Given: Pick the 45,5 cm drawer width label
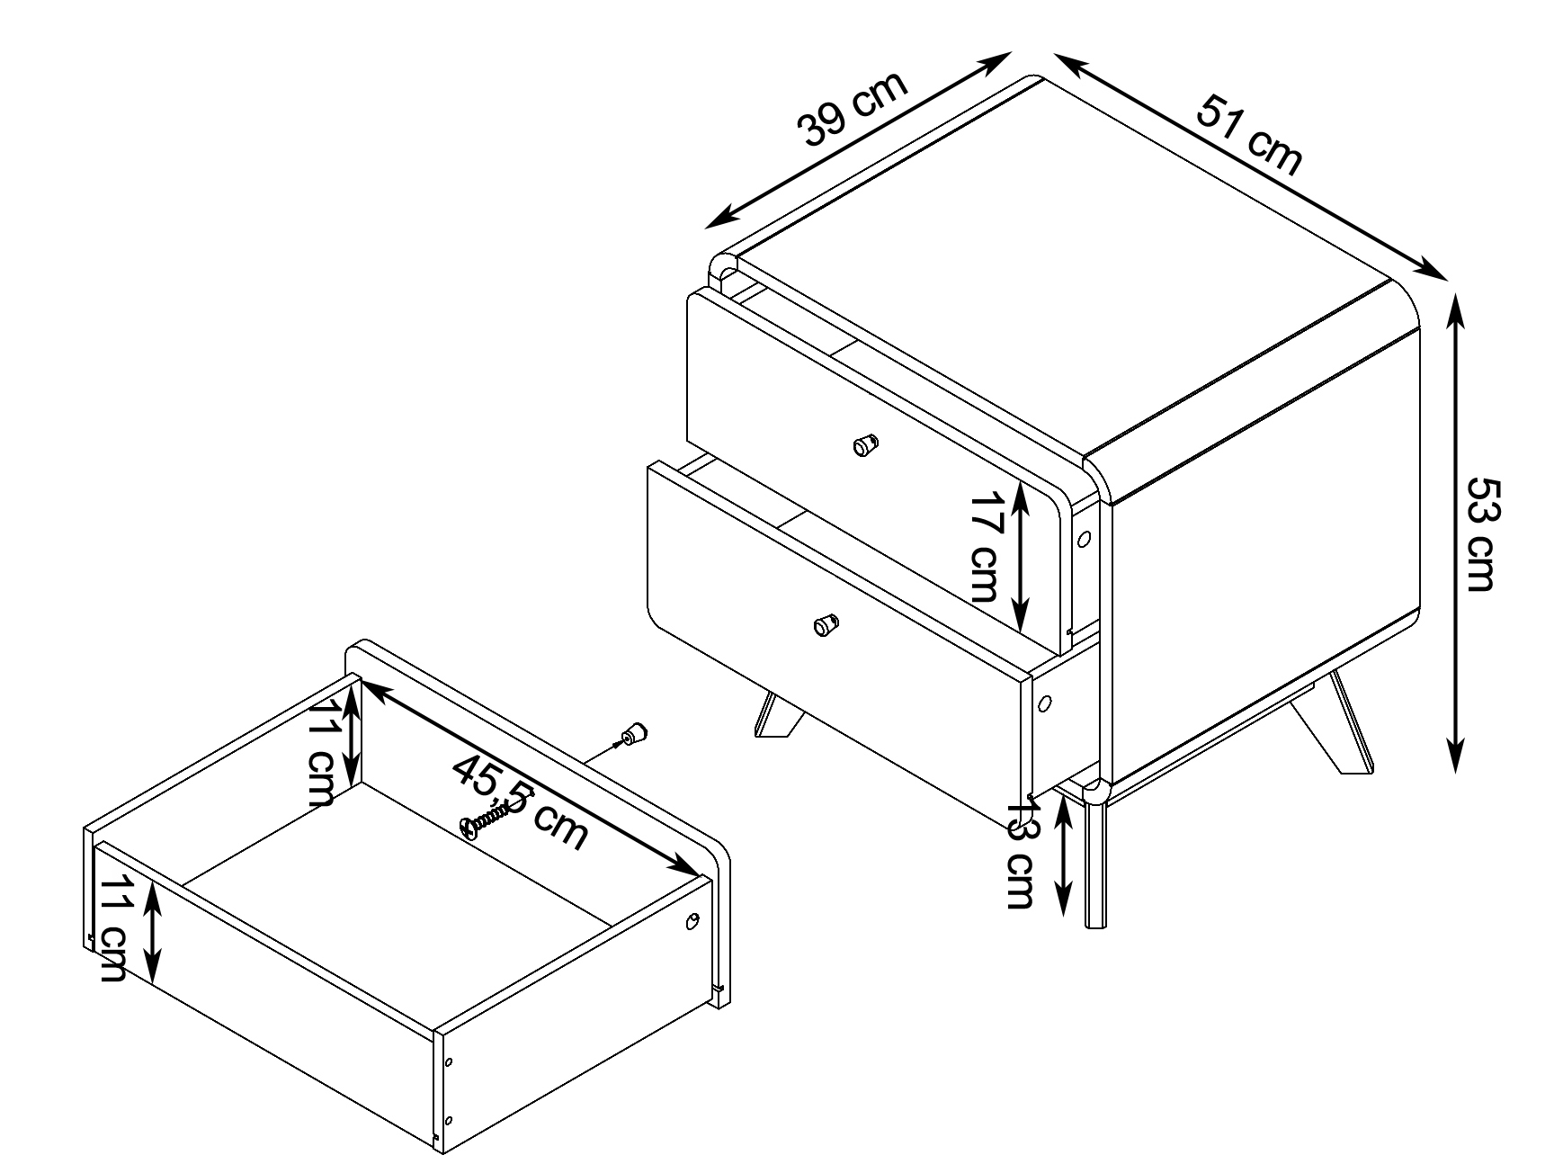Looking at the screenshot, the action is tap(520, 801).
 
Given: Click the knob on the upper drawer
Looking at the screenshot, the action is tap(865, 443).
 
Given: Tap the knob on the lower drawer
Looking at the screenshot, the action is tap(825, 624).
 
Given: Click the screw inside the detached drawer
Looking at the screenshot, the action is tap(487, 819).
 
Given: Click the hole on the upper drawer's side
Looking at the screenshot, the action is tap(1084, 540).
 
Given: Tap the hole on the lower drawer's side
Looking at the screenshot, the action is tap(1046, 703).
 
